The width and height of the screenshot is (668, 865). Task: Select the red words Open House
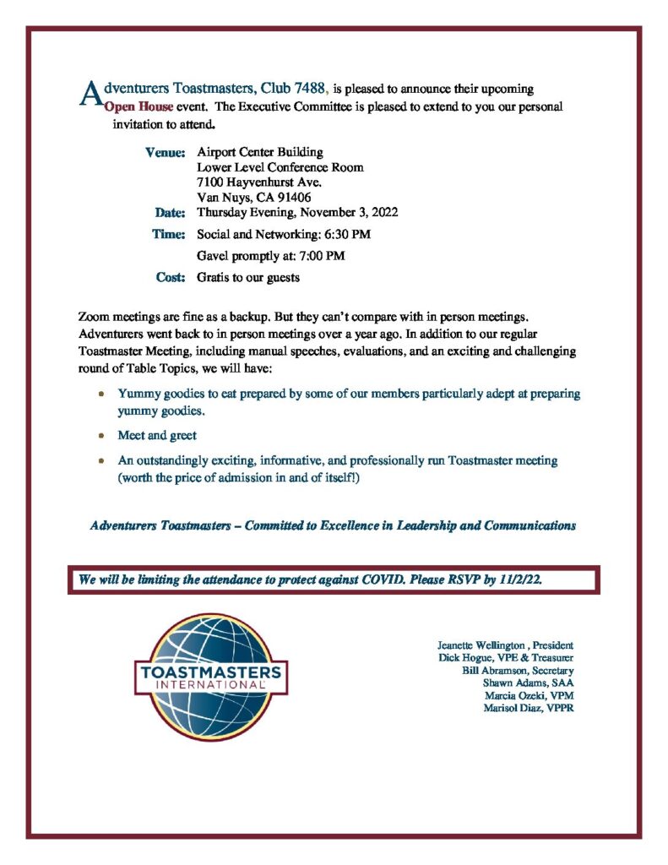pos(138,107)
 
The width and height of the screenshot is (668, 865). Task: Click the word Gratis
pos(215,277)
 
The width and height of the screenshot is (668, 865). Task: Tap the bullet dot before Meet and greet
pos(101,436)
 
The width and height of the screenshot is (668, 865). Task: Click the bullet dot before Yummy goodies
pos(101,394)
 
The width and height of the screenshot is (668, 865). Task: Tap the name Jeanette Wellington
pos(481,645)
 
